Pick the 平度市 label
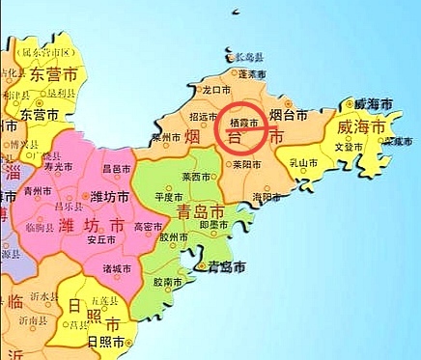(169, 197)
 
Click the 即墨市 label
(213, 223)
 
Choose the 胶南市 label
(168, 282)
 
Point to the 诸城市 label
(117, 268)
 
